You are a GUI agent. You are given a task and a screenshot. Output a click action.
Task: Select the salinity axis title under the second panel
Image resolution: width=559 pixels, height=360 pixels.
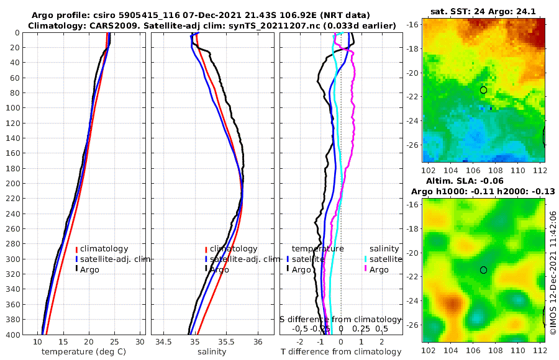click(x=211, y=352)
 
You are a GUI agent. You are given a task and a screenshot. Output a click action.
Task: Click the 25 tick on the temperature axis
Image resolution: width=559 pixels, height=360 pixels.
click(x=114, y=342)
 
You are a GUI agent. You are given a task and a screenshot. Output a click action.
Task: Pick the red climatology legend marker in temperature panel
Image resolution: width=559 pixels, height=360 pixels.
click(x=76, y=249)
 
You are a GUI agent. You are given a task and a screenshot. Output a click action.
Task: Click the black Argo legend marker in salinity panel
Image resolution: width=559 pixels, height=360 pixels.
click(x=206, y=269)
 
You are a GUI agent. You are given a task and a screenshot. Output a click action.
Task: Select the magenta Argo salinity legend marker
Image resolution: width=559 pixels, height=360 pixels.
click(x=366, y=269)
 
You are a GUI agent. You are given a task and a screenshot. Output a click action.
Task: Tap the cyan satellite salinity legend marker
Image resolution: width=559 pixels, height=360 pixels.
click(x=366, y=259)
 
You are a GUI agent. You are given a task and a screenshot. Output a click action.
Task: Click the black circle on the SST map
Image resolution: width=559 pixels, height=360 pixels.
click(x=483, y=90)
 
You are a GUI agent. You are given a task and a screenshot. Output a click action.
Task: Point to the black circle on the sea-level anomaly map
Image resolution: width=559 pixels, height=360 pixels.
click(x=483, y=270)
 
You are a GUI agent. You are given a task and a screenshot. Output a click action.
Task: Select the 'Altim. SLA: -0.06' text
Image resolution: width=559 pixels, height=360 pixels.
click(x=483, y=180)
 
